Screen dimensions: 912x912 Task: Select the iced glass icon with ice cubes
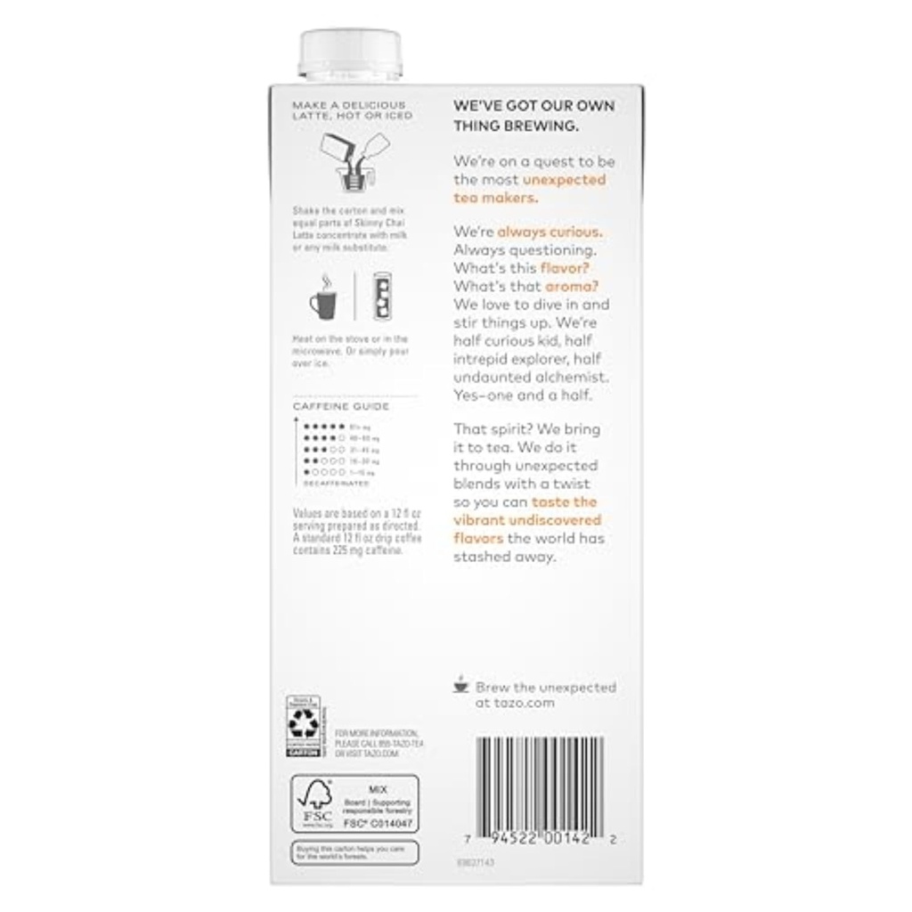click(x=383, y=296)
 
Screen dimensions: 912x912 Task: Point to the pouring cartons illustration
click(x=354, y=160)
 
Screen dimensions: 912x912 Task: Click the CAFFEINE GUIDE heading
click(x=329, y=406)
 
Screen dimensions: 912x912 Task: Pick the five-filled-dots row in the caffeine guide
click(x=323, y=427)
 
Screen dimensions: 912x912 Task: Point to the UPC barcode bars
click(x=540, y=784)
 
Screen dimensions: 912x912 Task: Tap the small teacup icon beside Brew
click(x=460, y=686)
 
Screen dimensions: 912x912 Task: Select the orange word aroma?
click(x=570, y=286)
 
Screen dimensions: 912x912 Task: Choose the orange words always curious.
click(x=549, y=232)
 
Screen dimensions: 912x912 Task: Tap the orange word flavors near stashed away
click(x=478, y=539)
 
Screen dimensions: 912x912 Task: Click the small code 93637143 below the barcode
click(x=476, y=863)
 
